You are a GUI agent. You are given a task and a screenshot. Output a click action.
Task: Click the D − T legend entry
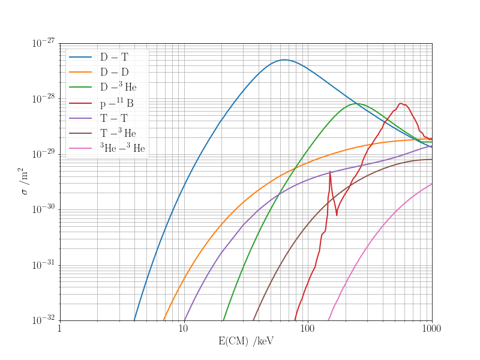point(114,58)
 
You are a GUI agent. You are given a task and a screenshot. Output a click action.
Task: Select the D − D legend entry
point(114,73)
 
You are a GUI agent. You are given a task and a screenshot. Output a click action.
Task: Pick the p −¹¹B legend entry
point(117,103)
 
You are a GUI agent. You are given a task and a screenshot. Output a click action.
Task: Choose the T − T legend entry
point(114,118)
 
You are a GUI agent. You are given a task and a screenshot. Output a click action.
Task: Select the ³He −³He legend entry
point(122,148)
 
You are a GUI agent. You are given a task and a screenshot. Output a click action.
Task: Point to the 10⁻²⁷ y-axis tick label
point(43,43)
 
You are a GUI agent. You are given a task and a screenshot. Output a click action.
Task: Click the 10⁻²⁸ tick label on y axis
point(43,98)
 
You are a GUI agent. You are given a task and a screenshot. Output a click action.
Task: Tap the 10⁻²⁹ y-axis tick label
point(43,154)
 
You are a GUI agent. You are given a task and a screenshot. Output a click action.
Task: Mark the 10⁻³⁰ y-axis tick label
point(43,209)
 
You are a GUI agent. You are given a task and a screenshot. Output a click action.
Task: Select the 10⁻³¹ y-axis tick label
point(43,265)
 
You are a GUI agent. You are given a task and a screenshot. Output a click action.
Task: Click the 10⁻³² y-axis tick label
point(43,320)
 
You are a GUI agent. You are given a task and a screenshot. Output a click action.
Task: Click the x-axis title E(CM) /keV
point(246,341)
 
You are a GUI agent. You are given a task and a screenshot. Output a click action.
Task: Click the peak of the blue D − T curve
point(284,59)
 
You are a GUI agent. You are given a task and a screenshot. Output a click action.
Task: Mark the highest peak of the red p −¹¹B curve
point(401,103)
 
